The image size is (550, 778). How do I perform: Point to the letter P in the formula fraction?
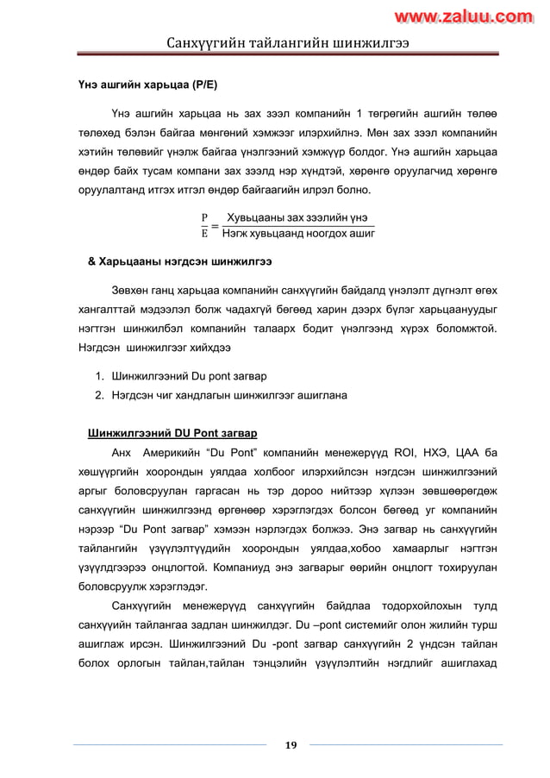(204, 217)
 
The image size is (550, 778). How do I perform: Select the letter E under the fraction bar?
(204, 232)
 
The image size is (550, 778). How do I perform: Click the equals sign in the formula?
(214, 226)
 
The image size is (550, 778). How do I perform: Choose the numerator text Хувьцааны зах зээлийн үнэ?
(294, 217)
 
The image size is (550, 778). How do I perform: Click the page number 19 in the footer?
(291, 745)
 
